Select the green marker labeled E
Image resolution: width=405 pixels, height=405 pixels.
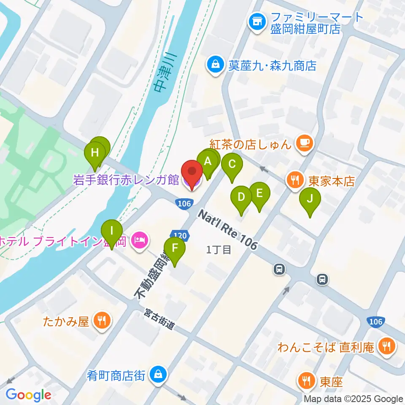[x=259, y=193]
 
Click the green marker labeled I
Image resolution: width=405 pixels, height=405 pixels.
[x=112, y=231]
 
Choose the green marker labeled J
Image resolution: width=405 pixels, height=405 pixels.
[x=310, y=199]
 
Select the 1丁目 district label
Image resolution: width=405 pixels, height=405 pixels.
[x=219, y=250]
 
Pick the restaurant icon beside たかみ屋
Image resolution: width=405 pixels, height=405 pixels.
[x=101, y=321]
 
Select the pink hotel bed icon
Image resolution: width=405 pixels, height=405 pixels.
[x=139, y=241]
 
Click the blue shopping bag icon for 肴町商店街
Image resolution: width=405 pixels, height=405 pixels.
[x=157, y=374]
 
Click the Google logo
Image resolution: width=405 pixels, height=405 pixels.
[x=28, y=395]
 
